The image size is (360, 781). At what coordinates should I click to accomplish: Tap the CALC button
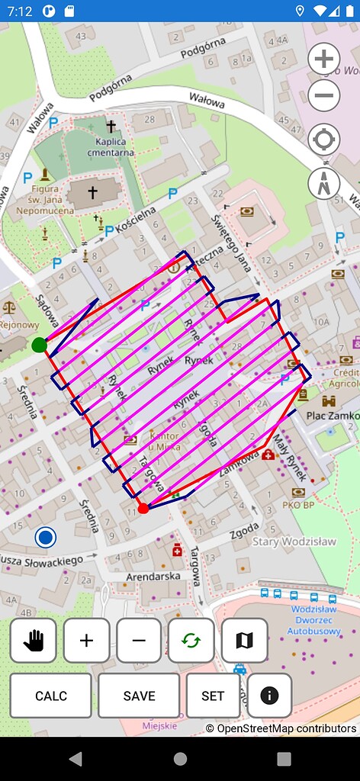pyautogui.click(x=51, y=696)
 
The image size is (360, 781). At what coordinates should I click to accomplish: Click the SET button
pyautogui.click(x=213, y=696)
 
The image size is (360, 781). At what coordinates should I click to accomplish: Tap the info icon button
pyautogui.click(x=269, y=696)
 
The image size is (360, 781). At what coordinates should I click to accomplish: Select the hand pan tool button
pyautogui.click(x=34, y=641)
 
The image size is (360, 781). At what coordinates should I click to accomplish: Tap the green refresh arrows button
pyautogui.click(x=191, y=641)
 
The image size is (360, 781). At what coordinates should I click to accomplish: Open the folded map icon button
pyautogui.click(x=244, y=641)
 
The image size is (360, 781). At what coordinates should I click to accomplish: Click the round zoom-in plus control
pyautogui.click(x=324, y=59)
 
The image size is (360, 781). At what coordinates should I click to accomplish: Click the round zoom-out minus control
pyautogui.click(x=324, y=95)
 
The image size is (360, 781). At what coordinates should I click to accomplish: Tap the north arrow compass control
pyautogui.click(x=324, y=183)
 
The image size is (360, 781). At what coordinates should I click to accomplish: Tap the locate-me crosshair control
pyautogui.click(x=324, y=140)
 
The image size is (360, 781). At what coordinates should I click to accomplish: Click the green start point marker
pyautogui.click(x=40, y=346)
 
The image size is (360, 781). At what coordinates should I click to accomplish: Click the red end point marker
pyautogui.click(x=143, y=509)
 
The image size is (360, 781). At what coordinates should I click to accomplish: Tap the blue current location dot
pyautogui.click(x=46, y=538)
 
